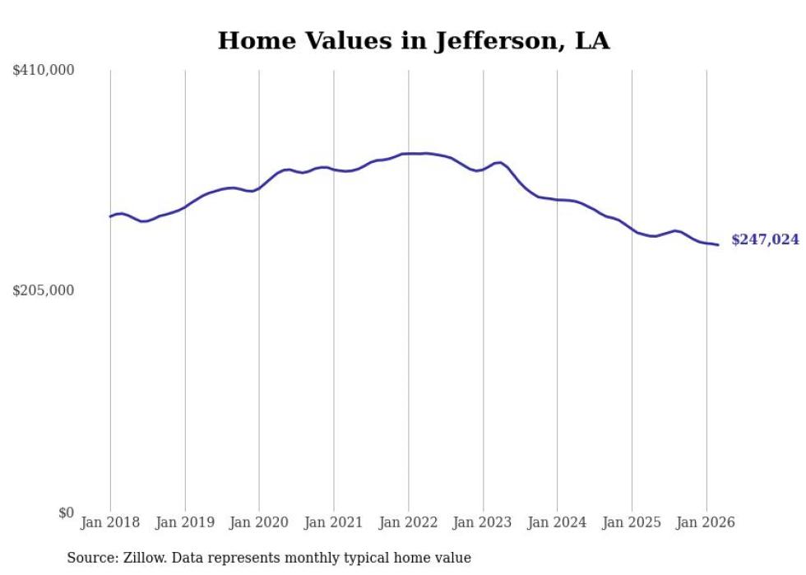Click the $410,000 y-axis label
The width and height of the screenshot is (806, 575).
pos(44,71)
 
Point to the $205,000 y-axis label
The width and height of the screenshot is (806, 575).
pos(44,290)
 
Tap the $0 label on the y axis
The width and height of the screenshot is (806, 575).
pos(67,512)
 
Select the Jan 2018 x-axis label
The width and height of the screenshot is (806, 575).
pos(110,522)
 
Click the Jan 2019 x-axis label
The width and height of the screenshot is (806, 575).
pos(184,522)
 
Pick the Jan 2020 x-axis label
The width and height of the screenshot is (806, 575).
pos(259,522)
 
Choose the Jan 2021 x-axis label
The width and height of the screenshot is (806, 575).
pos(333,522)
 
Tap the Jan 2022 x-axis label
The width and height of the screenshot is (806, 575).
pos(408,522)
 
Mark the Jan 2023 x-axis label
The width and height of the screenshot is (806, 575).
pos(483,522)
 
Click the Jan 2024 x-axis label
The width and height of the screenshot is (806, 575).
pos(557,522)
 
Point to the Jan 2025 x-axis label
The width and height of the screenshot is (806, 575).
pos(632,522)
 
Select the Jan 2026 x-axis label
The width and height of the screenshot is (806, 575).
pos(706,522)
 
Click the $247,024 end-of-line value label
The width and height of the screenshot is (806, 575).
pos(765,239)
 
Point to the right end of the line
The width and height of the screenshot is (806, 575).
pos(718,244)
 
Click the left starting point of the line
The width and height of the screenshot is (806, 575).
pos(110,216)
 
